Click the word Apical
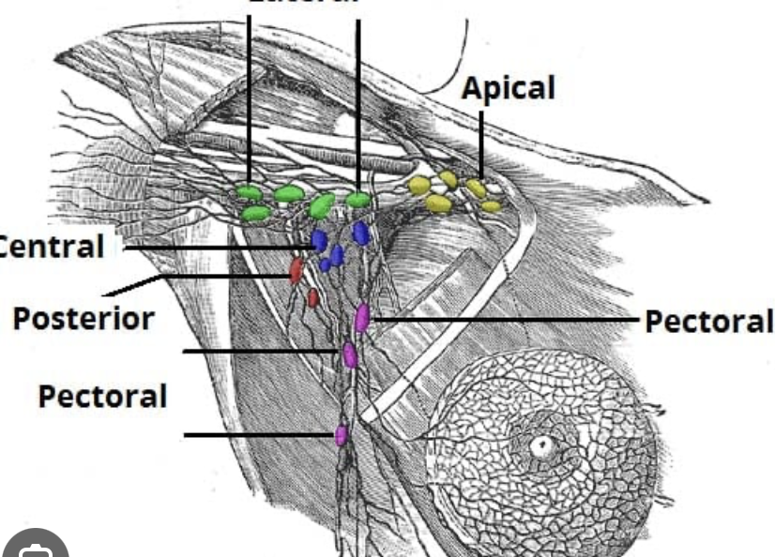[508, 88]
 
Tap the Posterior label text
[83, 318]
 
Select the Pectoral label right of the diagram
[708, 321]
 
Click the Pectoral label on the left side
[102, 395]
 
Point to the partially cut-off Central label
[52, 247]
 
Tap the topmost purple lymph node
[362, 317]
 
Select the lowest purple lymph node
[342, 435]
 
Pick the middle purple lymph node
[350, 354]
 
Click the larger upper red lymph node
[296, 270]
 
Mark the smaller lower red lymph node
[313, 298]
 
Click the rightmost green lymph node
[357, 200]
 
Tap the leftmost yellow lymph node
[419, 186]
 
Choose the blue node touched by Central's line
[319, 241]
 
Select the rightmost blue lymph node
[360, 233]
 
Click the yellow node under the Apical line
[477, 188]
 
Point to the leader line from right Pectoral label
[507, 320]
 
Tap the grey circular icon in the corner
[35, 547]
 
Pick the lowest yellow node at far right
[492, 206]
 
